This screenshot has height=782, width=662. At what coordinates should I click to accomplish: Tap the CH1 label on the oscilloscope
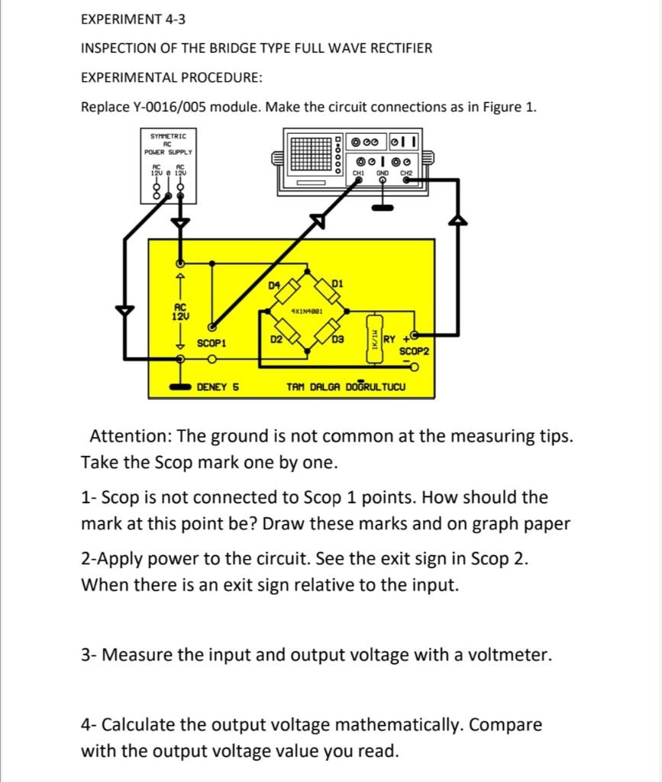click(357, 173)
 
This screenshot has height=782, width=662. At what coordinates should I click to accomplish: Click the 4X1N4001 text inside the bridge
click(308, 312)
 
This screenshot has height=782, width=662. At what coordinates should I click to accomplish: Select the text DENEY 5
click(218, 387)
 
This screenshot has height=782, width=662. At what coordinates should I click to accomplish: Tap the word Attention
click(131, 437)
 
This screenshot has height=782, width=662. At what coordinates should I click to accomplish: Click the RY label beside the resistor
click(389, 339)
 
